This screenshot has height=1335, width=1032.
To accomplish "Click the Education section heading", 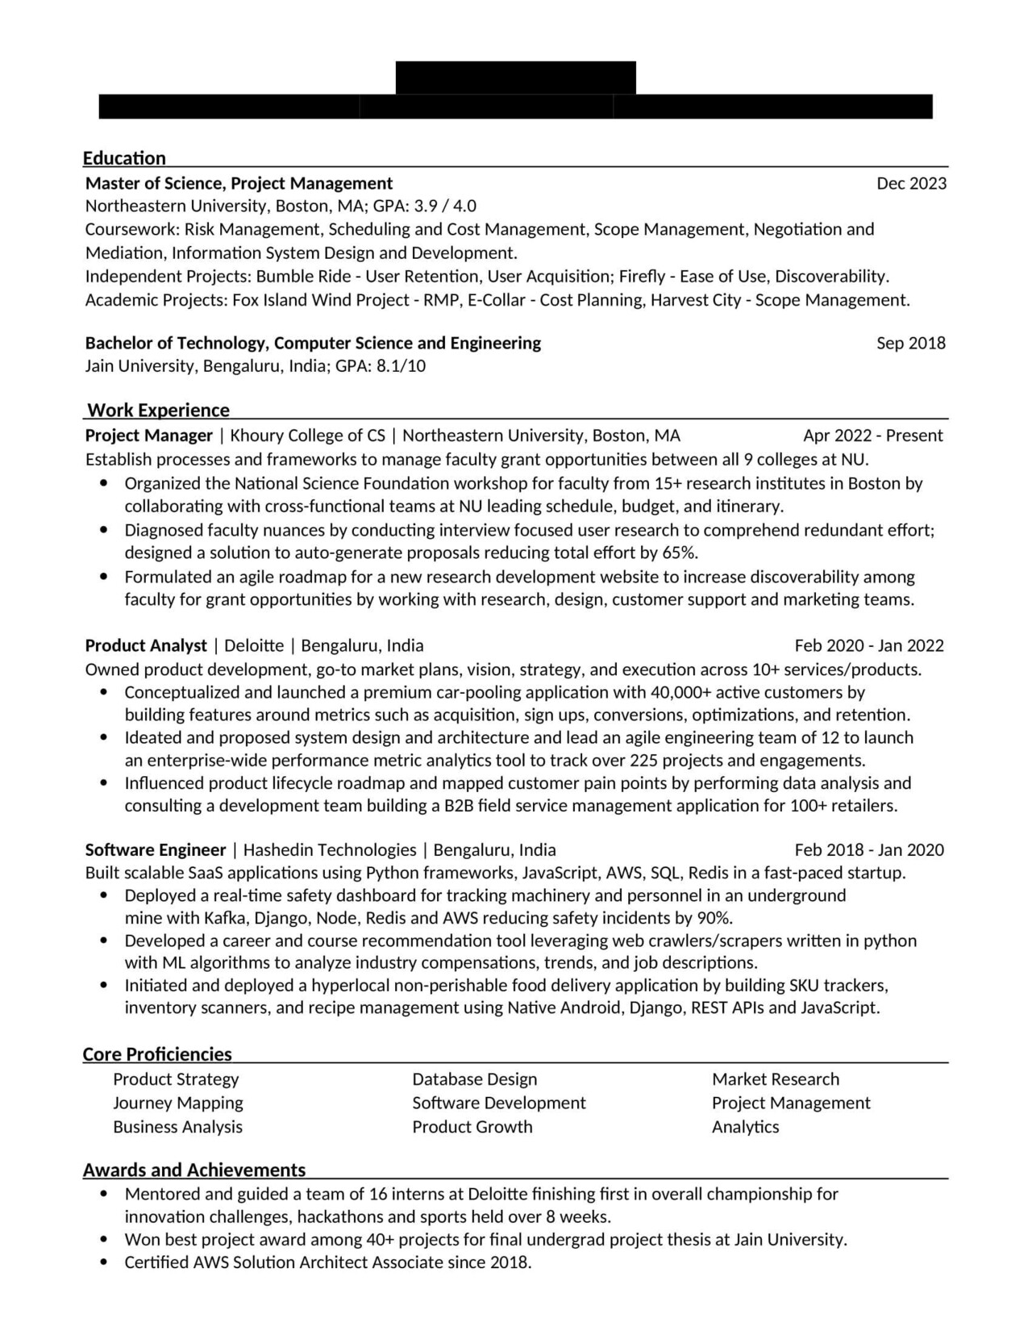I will pos(124,158).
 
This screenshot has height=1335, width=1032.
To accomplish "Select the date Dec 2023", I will pos(911,183).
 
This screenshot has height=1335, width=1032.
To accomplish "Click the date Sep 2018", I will pos(911,343).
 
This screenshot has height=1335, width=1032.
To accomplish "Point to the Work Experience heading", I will pos(158,410).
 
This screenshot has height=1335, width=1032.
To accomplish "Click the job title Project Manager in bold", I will pos(148,436).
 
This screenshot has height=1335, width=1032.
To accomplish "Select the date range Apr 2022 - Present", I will pos(872,436).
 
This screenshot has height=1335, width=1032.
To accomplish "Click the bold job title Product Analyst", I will pos(146,645).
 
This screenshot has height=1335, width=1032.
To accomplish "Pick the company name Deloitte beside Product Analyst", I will pos(254,645).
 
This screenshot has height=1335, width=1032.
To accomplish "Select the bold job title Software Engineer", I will pos(156,849).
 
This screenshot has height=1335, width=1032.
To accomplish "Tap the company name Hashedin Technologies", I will pos(330,849).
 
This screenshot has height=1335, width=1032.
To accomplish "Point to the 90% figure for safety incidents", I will pos(714,917).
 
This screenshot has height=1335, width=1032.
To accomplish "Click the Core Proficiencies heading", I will pos(157,1054).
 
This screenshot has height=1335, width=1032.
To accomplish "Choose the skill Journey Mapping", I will pos(177,1103).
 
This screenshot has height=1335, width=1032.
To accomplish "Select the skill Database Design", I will pos(474,1079).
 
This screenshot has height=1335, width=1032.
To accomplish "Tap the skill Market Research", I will pos(775,1079).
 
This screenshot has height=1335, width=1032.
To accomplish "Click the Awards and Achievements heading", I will pos(194,1170).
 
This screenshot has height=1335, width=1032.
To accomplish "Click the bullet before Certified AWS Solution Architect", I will pos(103,1262).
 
